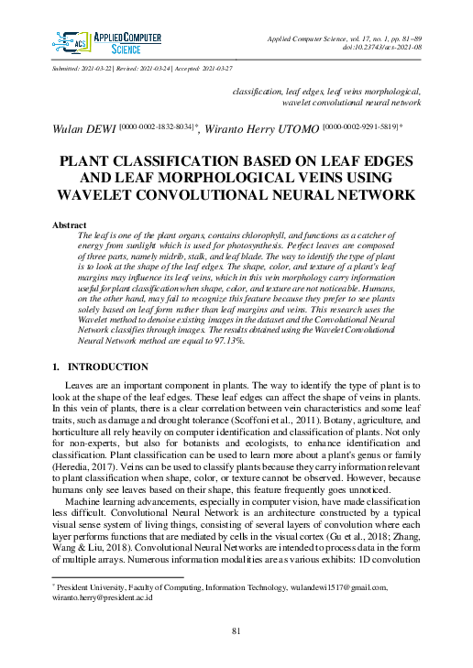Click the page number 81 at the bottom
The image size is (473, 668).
[236, 631]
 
